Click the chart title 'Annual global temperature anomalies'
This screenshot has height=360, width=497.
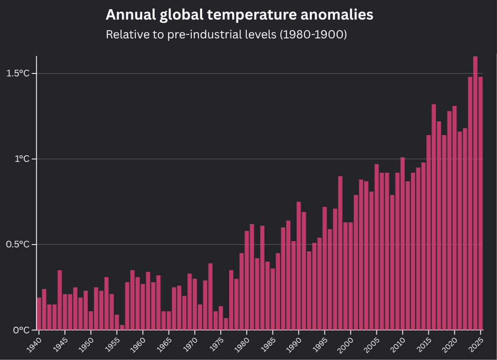point(239,15)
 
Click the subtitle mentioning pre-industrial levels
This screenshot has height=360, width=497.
point(226,34)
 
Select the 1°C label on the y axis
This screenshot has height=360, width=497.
point(23,159)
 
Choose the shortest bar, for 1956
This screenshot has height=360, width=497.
point(122,327)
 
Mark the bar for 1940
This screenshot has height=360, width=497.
point(39,313)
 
